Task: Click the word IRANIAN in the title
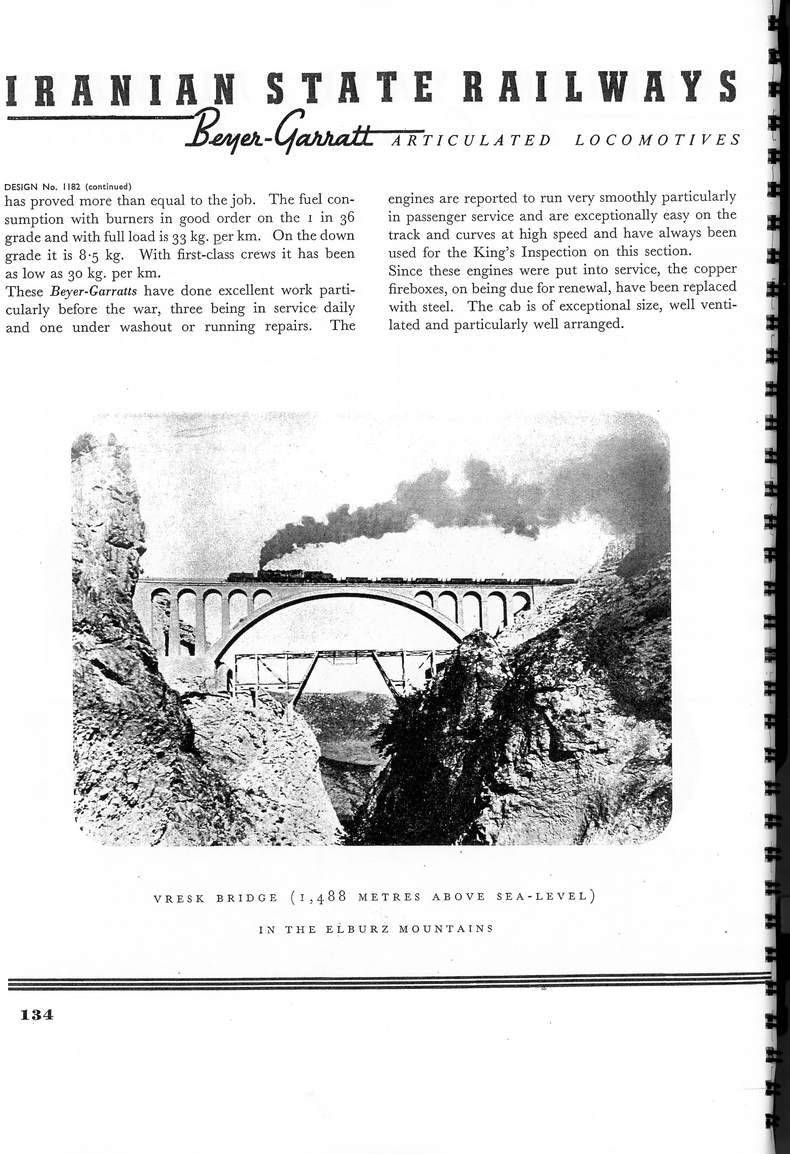[119, 89]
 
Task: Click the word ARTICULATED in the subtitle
[471, 140]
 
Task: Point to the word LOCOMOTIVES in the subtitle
[658, 140]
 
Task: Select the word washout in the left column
[146, 327]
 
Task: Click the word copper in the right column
[715, 270]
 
